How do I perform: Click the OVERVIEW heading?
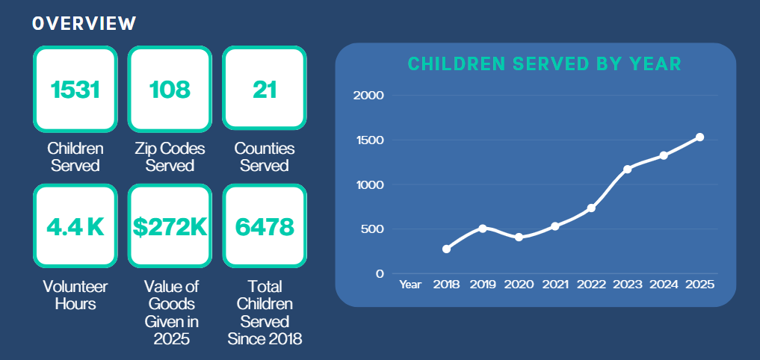pos(84,23)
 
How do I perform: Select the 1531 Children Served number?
pos(75,90)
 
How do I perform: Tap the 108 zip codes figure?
pos(170,90)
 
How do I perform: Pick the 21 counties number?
pos(265,90)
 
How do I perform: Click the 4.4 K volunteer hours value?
pos(75,227)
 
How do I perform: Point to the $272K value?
pos(170,227)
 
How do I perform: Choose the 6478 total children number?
pos(265,227)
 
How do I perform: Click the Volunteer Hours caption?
pos(75,295)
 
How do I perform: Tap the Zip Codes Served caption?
pos(170,157)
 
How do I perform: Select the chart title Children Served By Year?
pos(544,64)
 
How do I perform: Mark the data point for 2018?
pos(447,249)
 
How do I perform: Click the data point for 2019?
pos(483,228)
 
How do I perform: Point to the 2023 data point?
pos(628,169)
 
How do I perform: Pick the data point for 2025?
pos(699,137)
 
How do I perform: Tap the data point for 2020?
pos(519,237)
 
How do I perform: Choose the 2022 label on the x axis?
pos(591,285)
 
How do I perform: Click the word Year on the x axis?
pos(410,285)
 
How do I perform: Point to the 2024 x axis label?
pos(664,285)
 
